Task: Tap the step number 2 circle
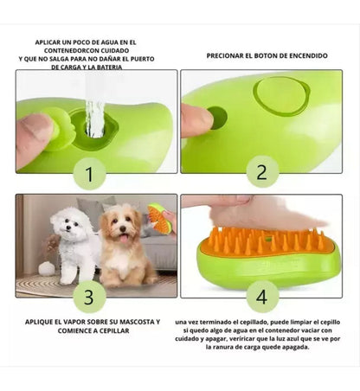click(x=262, y=172)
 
